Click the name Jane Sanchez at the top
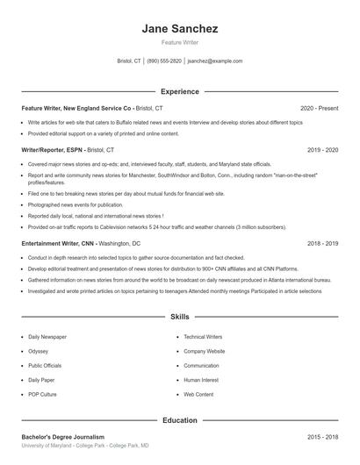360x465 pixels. pos(179,29)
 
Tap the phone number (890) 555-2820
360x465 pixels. pos(164,61)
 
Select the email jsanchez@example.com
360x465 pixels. pos(215,61)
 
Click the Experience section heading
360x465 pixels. pos(179,91)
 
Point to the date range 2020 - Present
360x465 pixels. pos(319,108)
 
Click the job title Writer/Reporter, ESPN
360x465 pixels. pos(52,150)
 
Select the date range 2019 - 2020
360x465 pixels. pos(322,150)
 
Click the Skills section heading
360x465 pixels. pos(179,316)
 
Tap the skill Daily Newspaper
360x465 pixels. pos(47,336)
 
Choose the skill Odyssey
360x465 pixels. pos(39,351)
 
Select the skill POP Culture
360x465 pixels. pos(42,395)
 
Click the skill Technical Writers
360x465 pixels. pos(203,336)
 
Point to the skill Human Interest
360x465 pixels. pos(201,380)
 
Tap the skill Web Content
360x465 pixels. pos(198,395)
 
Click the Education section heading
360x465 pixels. pos(179,420)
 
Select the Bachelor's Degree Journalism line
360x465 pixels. pos(63,437)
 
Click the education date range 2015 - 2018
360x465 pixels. pos(322,437)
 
